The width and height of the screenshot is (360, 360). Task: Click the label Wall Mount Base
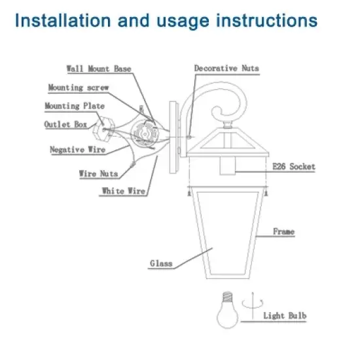click(99, 68)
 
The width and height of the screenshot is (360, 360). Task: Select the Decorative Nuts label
click(226, 68)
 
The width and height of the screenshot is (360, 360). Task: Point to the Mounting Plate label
click(74, 105)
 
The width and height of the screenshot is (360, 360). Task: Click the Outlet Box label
click(66, 124)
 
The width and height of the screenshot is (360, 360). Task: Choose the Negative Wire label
click(78, 149)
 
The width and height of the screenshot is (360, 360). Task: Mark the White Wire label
click(123, 191)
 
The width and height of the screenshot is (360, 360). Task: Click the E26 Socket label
click(293, 167)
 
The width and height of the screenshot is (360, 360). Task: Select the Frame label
click(283, 232)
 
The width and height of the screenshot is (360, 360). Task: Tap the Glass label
click(161, 264)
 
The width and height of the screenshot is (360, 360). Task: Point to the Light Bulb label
click(285, 316)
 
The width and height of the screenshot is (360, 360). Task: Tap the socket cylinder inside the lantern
click(228, 167)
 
